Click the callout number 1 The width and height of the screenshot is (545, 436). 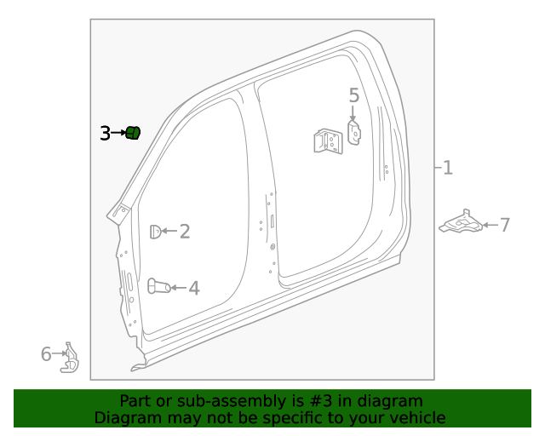447,169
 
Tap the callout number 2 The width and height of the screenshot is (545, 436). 184,231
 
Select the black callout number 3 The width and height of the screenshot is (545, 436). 105,133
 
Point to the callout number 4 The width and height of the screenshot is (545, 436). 194,288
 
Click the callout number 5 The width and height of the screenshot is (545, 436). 354,95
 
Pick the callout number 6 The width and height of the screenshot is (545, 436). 46,353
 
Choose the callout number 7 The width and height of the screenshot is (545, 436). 504,225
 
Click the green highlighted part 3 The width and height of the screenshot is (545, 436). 133,132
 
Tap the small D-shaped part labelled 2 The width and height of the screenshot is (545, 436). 155,231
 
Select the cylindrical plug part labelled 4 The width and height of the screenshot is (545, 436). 158,286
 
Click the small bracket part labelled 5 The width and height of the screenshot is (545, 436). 355,132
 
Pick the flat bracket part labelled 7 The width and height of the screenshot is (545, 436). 460,224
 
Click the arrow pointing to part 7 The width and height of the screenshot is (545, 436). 489,225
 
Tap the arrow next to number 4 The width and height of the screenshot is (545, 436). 177,288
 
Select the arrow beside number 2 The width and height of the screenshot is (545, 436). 168,231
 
